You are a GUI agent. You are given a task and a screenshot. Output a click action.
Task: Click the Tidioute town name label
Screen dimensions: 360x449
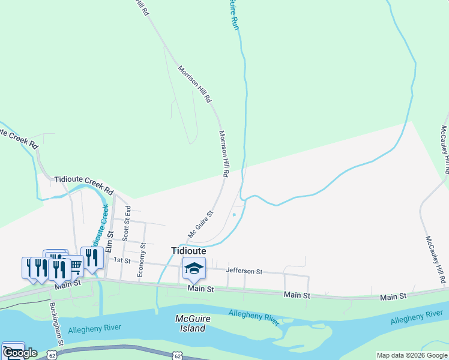188,251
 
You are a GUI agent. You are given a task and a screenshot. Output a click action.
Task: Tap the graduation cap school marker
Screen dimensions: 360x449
194,269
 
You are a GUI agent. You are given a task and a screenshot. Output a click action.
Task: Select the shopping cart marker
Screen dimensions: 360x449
76,265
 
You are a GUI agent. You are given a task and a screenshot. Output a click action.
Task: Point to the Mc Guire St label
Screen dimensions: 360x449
200,223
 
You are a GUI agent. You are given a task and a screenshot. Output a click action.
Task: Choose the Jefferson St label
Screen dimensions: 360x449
244,271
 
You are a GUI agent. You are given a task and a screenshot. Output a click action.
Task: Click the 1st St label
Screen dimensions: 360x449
122,260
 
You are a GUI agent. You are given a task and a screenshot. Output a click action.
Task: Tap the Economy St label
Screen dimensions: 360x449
142,260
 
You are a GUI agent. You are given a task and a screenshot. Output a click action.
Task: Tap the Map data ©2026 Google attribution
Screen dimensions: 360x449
412,355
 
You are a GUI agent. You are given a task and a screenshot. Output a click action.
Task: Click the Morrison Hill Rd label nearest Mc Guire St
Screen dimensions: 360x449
224,154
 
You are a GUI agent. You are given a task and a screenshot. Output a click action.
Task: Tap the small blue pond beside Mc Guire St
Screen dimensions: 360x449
234,215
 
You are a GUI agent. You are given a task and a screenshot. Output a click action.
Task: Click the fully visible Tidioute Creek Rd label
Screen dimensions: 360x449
84,184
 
